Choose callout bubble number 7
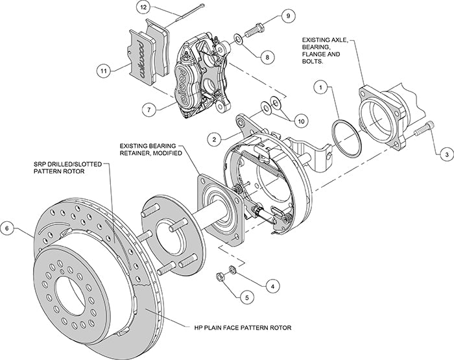149,110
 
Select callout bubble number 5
246,298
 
